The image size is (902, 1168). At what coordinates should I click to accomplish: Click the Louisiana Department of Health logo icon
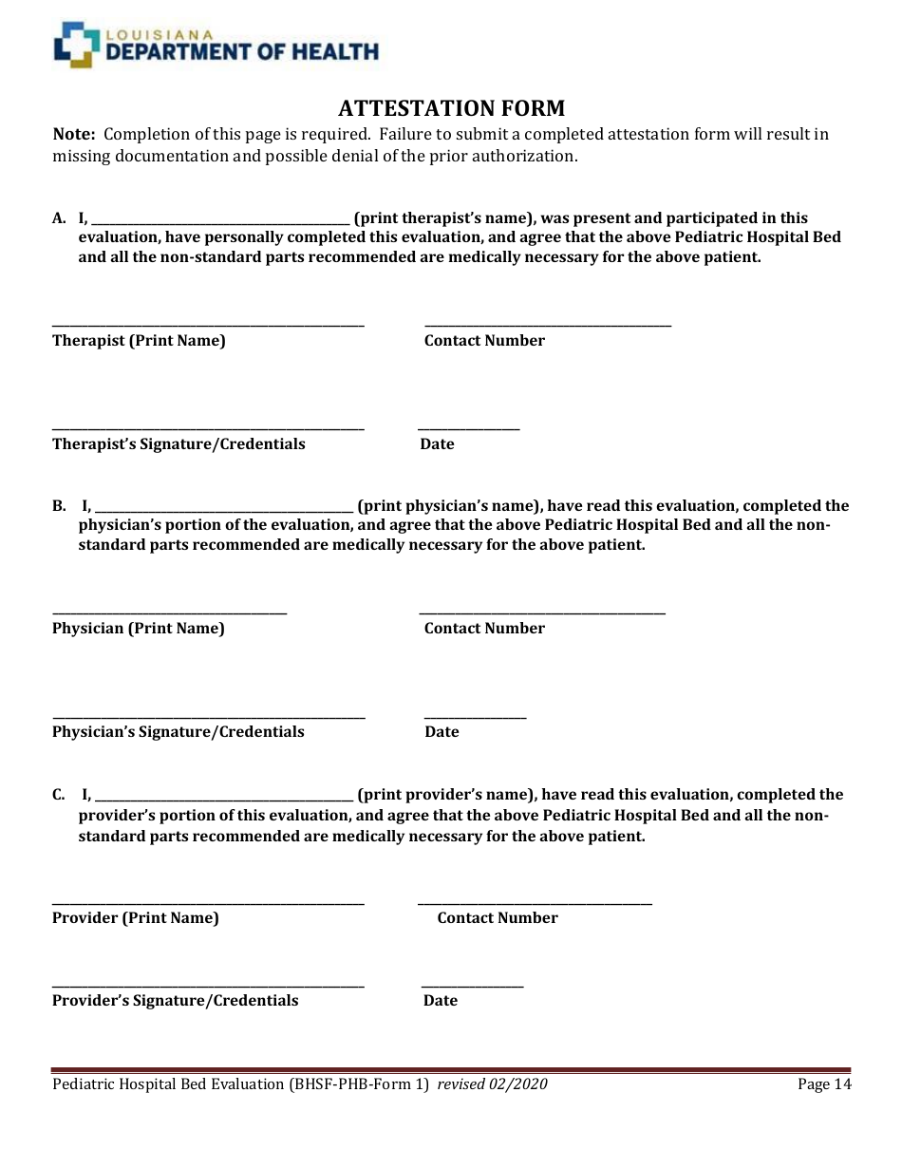[76, 46]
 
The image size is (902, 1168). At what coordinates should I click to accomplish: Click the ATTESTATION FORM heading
[451, 107]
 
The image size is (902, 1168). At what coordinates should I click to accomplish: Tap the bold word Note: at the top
[74, 134]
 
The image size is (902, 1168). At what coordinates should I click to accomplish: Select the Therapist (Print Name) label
[139, 341]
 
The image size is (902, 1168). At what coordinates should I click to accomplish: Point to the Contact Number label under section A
[484, 341]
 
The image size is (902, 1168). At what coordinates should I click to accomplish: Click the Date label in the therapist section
[437, 444]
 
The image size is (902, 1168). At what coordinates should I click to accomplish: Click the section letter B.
[59, 506]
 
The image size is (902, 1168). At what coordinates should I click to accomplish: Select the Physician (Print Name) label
[139, 629]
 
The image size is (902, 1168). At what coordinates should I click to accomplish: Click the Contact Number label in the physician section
[484, 629]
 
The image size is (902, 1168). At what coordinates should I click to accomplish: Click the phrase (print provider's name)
[442, 795]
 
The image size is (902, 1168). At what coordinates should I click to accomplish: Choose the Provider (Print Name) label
[136, 918]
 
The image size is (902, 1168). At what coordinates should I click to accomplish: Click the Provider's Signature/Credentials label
[175, 1001]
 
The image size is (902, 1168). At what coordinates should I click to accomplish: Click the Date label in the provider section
[440, 1001]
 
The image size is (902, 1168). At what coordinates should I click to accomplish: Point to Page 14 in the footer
[824, 1084]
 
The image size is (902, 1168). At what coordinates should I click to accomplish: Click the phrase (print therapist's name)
[442, 218]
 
